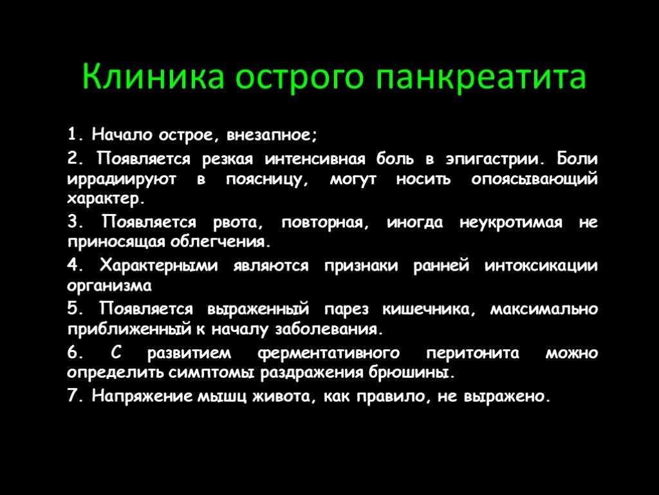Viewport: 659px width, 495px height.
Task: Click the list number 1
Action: (72, 135)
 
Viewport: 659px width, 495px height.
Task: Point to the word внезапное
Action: (272, 135)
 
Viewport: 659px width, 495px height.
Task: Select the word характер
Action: (106, 199)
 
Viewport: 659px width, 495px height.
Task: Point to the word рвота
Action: (238, 222)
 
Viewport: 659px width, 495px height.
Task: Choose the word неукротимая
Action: (511, 222)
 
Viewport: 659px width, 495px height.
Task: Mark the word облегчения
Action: (219, 242)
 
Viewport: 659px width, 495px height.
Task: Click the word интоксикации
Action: (541, 266)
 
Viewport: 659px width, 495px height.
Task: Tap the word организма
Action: (109, 286)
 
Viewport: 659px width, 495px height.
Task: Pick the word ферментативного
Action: (328, 353)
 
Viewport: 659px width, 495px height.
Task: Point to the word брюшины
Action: (412, 373)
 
